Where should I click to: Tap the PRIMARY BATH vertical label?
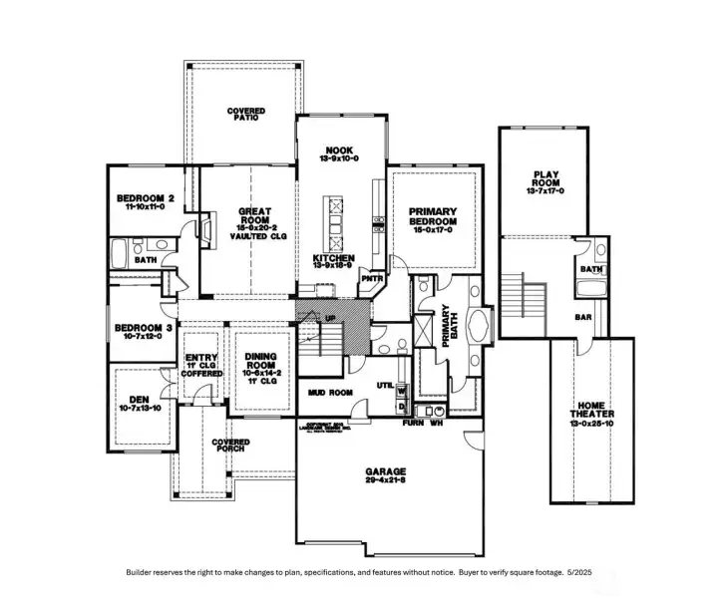[x=446, y=326]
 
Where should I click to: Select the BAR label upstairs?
[x=584, y=318]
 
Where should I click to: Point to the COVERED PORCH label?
[x=231, y=445]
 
